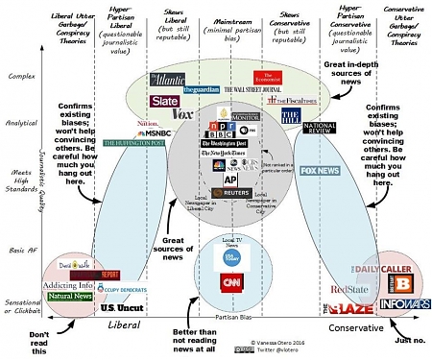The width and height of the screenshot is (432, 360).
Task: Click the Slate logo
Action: [164, 101]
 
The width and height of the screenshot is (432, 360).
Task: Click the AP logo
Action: [230, 179]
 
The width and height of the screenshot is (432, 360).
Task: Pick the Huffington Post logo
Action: [136, 143]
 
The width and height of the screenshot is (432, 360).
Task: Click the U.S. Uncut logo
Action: [120, 308]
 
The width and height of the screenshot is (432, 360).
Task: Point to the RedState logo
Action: [348, 288]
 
